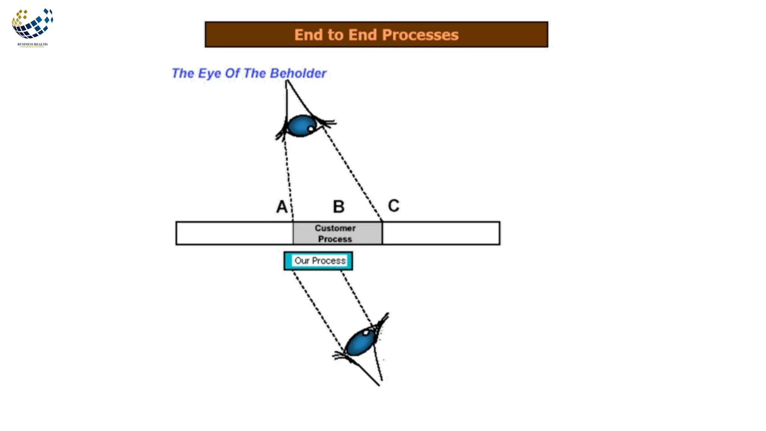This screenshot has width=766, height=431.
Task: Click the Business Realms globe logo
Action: coord(32,24)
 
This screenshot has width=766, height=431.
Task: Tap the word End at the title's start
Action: coord(309,35)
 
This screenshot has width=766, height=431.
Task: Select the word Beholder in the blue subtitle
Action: coord(298,73)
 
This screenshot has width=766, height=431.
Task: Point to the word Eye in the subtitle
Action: coord(209,73)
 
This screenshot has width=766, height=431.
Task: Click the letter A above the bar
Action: coord(282,207)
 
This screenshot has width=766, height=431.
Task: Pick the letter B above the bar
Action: coord(338,207)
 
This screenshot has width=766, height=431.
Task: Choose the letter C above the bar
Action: coord(393,205)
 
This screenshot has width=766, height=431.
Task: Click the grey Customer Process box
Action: coord(337,233)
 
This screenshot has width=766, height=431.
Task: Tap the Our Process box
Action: coord(318,261)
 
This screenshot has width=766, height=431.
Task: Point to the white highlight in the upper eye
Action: coord(310,129)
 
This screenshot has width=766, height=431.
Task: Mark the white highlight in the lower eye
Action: coord(366,332)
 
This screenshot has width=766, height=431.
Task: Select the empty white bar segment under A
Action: coord(235,233)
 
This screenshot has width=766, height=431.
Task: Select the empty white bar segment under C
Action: coord(441,233)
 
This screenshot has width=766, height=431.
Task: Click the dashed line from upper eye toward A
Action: coord(288,176)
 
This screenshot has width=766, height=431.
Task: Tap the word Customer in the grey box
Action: coord(335,228)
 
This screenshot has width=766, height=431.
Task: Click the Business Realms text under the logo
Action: coord(33,44)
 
